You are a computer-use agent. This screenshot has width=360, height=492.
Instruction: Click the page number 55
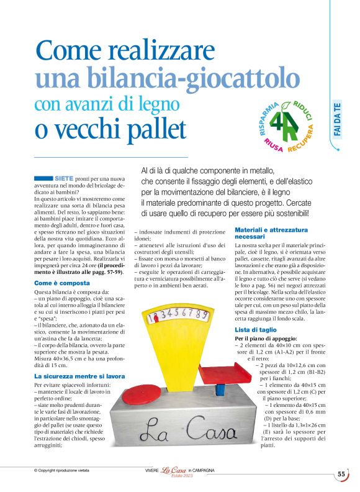point(341,473)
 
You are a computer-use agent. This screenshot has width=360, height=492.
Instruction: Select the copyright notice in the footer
point(62,471)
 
